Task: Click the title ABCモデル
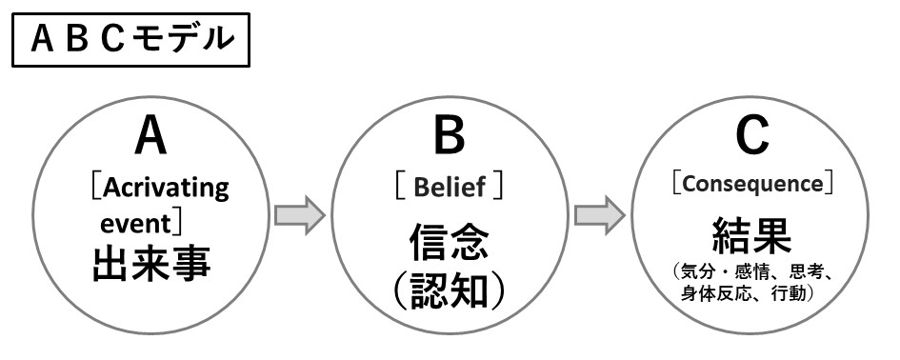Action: pos(130,38)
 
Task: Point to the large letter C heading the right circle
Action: pos(751,138)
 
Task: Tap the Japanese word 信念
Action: pos(450,240)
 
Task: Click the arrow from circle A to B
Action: pos(300,215)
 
